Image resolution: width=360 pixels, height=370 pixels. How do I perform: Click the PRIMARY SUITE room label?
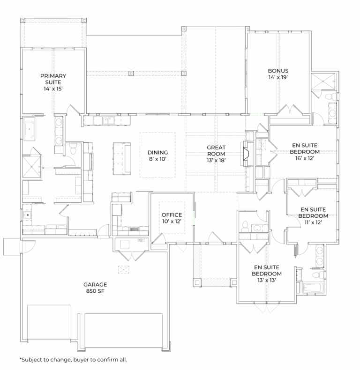[53, 79]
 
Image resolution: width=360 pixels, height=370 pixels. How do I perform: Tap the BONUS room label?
[278, 71]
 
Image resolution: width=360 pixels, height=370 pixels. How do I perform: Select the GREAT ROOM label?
[216, 150]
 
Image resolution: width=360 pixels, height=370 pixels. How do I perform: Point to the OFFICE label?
[172, 215]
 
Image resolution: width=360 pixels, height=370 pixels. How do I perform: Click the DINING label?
[158, 152]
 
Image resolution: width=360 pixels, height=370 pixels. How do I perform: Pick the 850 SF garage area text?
[95, 291]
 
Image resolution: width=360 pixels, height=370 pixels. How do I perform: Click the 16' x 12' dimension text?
[305, 158]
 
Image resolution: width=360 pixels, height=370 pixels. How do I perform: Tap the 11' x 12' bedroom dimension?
[313, 222]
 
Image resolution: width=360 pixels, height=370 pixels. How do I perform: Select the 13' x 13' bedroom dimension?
[267, 280]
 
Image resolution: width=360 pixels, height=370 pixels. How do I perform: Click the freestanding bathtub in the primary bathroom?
[30, 129]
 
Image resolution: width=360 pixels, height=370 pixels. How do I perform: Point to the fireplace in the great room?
[245, 154]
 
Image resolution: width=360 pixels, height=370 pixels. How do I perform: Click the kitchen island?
[122, 159]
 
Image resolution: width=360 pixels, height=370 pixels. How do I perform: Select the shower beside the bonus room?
[323, 81]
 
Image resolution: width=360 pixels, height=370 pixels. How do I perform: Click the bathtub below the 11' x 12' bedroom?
[312, 288]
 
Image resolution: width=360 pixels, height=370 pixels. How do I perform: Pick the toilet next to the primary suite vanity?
[74, 150]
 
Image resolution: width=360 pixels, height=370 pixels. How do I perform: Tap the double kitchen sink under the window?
[108, 120]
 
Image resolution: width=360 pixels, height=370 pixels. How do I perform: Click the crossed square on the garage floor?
[124, 269]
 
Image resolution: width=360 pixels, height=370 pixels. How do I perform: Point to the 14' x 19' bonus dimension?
[278, 77]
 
